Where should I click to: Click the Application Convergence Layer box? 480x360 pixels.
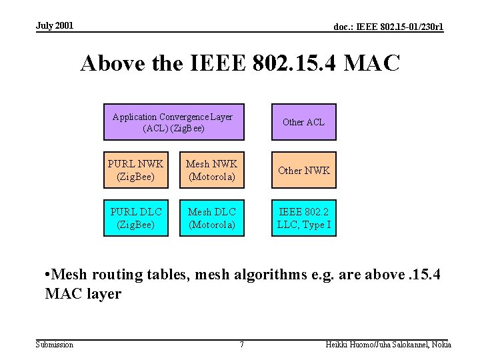click(173, 122)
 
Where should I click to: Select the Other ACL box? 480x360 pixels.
click(303, 122)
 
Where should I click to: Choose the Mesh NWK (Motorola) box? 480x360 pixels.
click(211, 170)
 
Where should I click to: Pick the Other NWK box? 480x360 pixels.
click(303, 170)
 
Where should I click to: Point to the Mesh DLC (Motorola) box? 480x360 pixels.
click(211, 218)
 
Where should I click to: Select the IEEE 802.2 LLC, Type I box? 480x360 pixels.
click(303, 218)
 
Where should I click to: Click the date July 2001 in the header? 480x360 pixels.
click(55, 26)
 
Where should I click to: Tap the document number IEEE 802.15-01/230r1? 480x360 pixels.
click(389, 27)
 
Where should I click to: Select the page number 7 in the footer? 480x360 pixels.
click(241, 345)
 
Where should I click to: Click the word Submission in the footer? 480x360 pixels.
click(55, 345)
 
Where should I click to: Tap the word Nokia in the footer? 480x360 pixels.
click(440, 345)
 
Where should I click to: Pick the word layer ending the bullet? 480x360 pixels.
click(104, 293)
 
